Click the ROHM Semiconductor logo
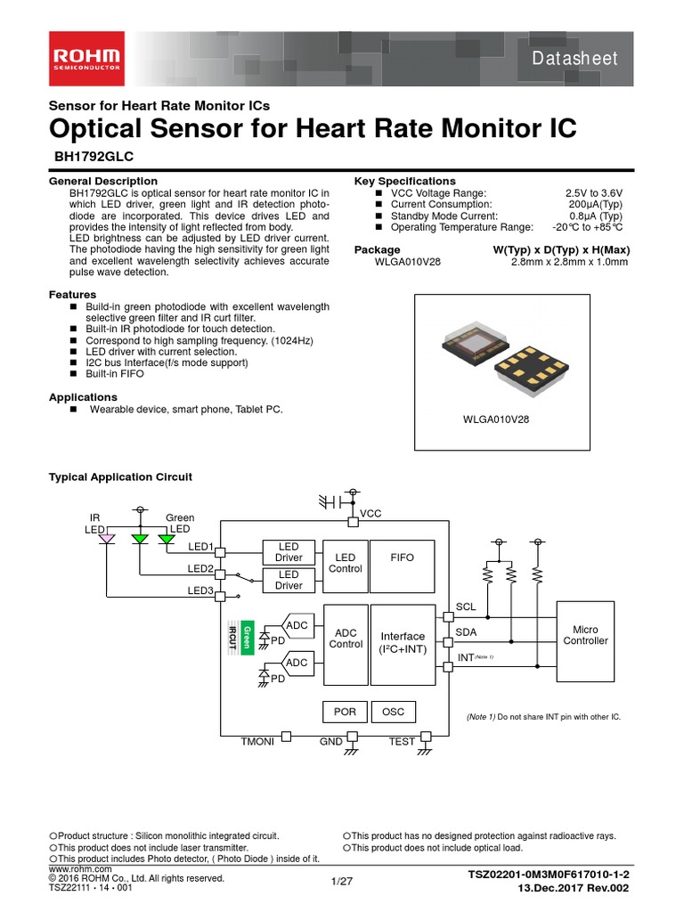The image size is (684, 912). point(87,60)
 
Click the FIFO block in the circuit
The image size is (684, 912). point(402,558)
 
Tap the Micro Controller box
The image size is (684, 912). point(585,635)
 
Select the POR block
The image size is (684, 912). point(345,712)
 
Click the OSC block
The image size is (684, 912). point(393,712)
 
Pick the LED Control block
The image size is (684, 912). point(345,563)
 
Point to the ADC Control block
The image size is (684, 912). point(346,638)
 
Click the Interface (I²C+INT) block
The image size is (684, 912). point(403,642)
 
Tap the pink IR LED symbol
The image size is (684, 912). point(107,539)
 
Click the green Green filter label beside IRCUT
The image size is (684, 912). point(249,639)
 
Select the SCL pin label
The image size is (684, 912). point(466,607)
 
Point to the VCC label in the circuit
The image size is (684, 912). point(370,514)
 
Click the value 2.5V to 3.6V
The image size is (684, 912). point(594,193)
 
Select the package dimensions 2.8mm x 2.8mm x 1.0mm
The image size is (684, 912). point(569,263)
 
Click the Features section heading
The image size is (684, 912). point(72,294)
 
